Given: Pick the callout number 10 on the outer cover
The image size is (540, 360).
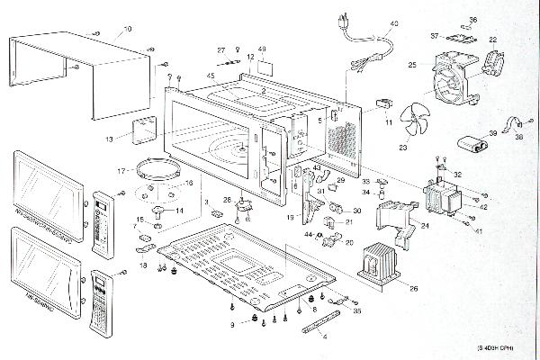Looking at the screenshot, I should (x=127, y=30).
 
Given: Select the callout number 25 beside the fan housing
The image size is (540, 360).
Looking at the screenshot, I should (x=412, y=66).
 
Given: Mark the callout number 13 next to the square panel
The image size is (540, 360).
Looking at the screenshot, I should (x=109, y=139).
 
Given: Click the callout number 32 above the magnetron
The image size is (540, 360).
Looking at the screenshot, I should (x=458, y=175).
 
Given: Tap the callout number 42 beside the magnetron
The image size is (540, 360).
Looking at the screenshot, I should (x=483, y=207).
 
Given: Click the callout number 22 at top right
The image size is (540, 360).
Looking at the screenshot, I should (x=493, y=40).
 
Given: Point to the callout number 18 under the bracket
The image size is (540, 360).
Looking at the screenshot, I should (x=143, y=266).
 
